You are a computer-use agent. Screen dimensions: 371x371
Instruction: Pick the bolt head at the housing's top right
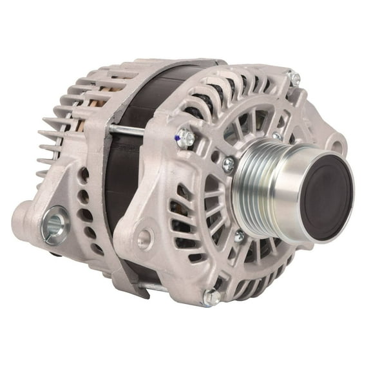coord(295,78)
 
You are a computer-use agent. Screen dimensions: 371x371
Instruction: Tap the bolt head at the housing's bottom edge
coord(211,296)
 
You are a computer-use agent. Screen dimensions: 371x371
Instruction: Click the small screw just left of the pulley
coord(229,165)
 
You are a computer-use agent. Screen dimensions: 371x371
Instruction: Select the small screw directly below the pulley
coord(239,236)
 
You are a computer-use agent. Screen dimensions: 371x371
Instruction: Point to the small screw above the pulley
coord(277,136)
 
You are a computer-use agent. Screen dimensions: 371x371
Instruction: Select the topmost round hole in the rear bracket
coord(83,173)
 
